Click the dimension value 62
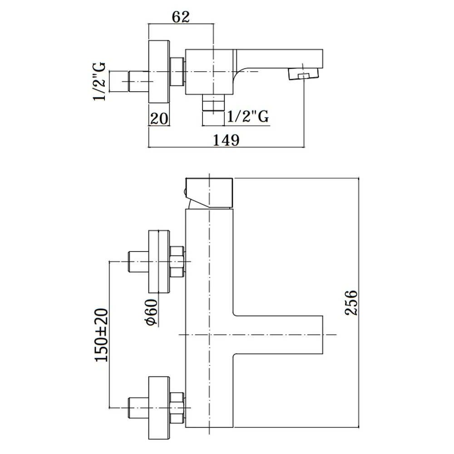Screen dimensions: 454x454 [x=181, y=17]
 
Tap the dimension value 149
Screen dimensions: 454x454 [x=226, y=140]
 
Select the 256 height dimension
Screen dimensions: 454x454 [x=351, y=302]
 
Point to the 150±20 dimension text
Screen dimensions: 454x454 [x=101, y=335]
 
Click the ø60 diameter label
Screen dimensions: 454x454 [x=152, y=312]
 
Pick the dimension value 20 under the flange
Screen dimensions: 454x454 [x=159, y=118]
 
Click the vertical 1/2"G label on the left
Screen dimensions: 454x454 [x=99, y=82]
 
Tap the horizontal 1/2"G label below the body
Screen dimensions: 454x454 [x=248, y=116]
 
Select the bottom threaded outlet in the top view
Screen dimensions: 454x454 [x=213, y=103]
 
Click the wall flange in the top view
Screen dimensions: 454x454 [x=158, y=72]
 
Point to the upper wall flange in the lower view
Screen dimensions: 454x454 [x=158, y=262]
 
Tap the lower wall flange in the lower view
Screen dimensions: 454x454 [x=158, y=408]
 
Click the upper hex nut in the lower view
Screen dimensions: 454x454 [x=177, y=262]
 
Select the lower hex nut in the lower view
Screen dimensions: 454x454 [x=177, y=408]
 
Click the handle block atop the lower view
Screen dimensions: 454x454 [x=209, y=193]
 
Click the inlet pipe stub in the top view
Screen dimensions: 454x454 [x=138, y=82]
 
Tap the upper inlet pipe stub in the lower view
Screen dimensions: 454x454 [x=138, y=262]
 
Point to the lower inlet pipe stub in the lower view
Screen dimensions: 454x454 [x=138, y=408]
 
